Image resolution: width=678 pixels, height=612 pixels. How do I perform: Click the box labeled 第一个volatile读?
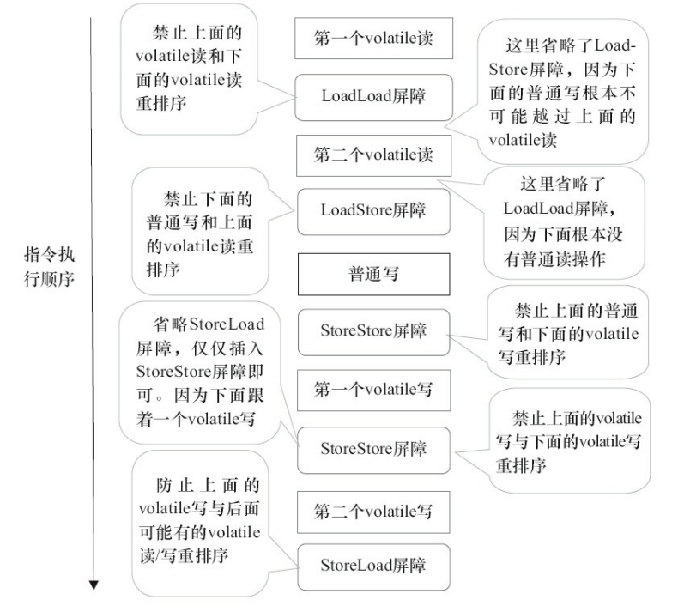coord(373,39)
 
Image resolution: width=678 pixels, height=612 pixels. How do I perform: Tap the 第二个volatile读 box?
coord(373,155)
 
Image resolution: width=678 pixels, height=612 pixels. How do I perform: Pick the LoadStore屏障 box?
coord(373,209)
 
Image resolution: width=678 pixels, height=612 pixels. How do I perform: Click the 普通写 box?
coord(373,276)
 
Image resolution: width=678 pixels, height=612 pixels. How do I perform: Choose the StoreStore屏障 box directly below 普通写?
coord(373,330)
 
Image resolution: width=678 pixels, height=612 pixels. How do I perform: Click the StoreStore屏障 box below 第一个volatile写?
coord(373,449)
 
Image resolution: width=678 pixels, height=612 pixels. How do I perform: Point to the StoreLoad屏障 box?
coord(373,566)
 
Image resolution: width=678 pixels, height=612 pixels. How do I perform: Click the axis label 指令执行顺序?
coord(47,267)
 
